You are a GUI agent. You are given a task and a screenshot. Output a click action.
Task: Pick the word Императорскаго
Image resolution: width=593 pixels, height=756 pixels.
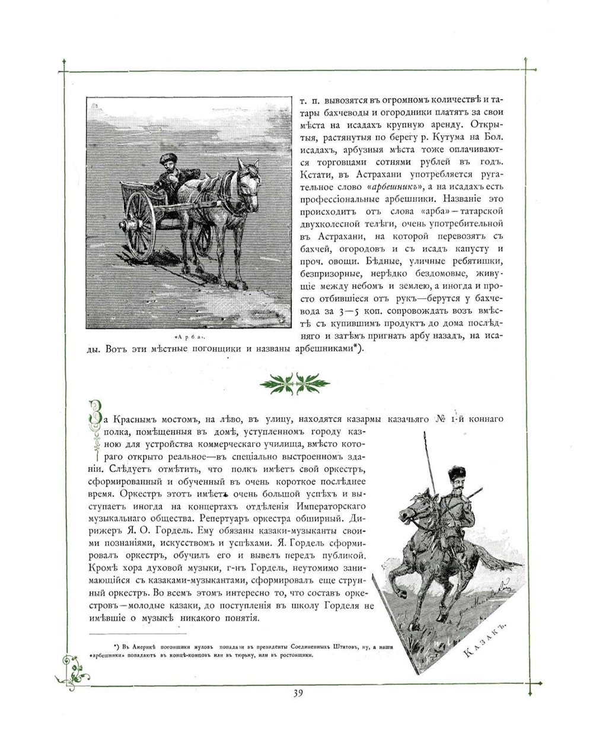(x=332, y=505)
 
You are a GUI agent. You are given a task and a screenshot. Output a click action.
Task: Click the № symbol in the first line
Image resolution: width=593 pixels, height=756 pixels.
(x=441, y=420)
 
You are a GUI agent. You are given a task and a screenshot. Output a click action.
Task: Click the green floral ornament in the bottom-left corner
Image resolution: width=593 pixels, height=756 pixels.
(x=73, y=668)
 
